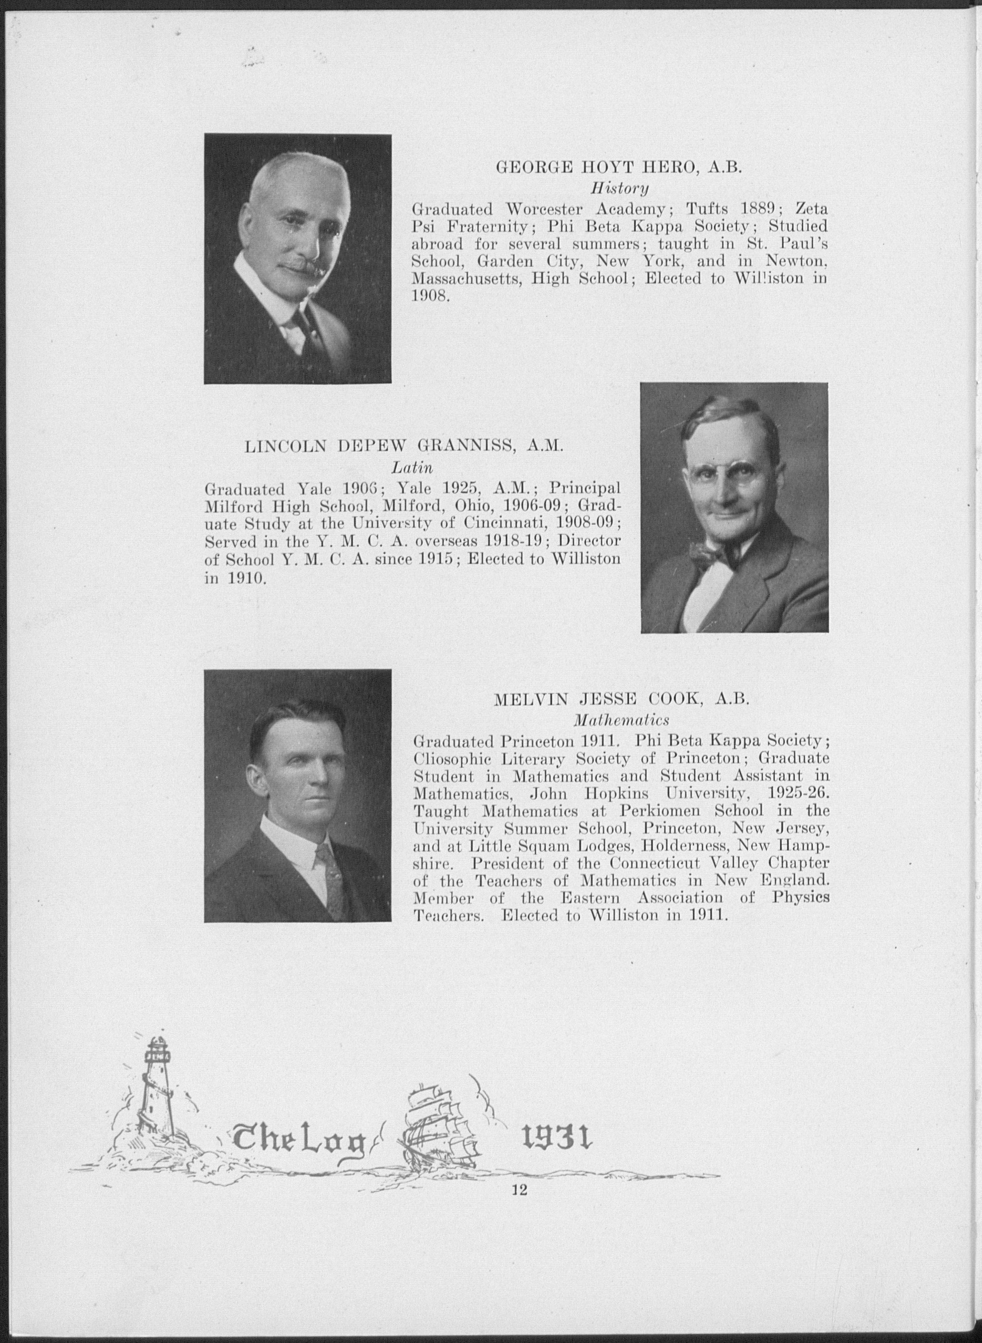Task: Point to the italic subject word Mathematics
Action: click(x=621, y=720)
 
